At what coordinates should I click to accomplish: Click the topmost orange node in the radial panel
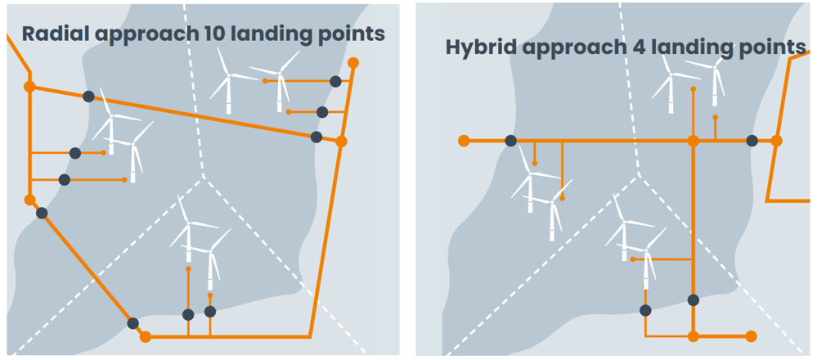coord(353,63)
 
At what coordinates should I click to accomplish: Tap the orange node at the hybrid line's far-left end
coord(464,142)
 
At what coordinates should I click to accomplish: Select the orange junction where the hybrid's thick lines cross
coord(694,142)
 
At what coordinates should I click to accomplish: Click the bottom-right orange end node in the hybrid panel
coord(752,336)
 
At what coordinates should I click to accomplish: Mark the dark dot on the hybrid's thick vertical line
coord(694,300)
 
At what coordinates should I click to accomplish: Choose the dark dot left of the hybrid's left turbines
coord(510,142)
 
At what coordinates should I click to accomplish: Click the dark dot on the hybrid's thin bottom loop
coord(645,310)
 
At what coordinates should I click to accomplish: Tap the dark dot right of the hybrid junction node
coord(752,142)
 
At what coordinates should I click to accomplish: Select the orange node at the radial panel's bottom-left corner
coord(146,336)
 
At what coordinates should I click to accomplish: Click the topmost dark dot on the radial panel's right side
coord(335,81)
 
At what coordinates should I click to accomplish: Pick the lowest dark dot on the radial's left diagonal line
coord(132,323)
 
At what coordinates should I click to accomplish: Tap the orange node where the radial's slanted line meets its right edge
coord(342,142)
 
